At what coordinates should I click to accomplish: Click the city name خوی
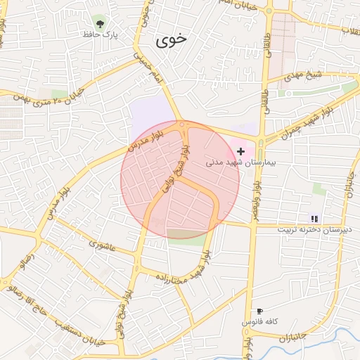coord(173,39)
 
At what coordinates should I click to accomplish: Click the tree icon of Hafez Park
coord(100,23)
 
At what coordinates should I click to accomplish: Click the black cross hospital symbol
coord(241,151)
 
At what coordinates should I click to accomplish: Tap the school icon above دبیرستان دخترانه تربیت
coord(314,219)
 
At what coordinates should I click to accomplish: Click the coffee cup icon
coord(259,311)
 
